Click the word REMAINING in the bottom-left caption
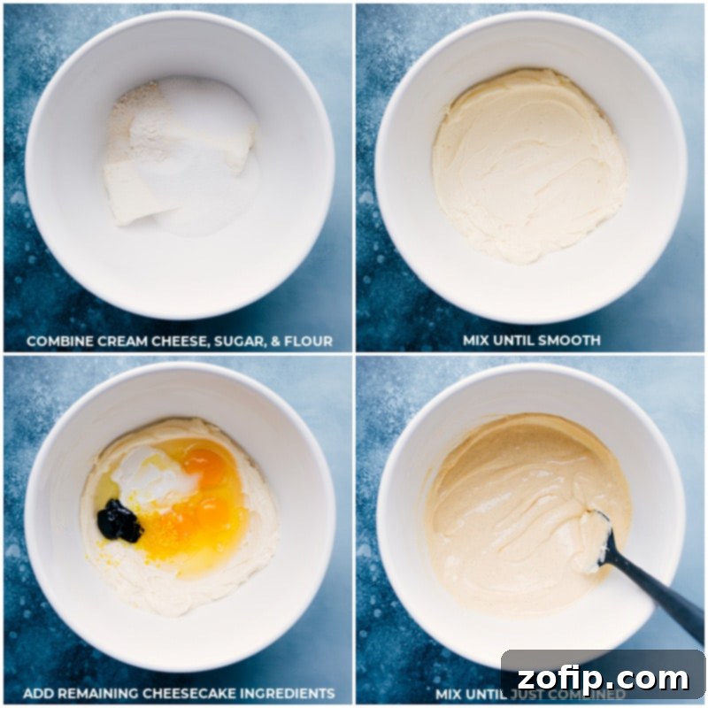(97, 693)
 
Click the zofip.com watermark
(604, 678)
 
